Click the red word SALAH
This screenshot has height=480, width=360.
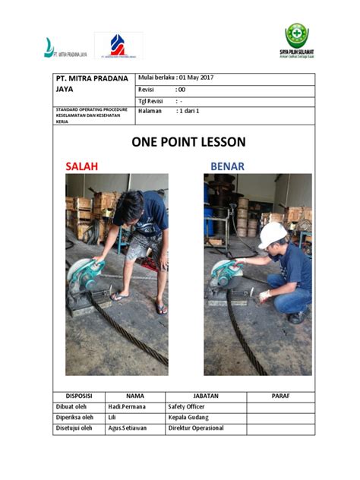(81, 166)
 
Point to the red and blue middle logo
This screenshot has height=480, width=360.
(118, 46)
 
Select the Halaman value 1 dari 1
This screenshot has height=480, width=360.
(192, 111)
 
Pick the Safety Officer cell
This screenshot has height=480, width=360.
(186, 406)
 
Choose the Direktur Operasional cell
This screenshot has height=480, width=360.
(196, 428)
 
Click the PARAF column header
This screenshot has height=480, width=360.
(280, 396)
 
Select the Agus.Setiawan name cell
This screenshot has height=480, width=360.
(127, 428)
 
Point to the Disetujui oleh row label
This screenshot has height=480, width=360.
(74, 428)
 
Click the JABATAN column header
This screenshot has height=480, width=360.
(206, 396)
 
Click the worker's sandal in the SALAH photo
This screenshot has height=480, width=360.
(160, 308)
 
